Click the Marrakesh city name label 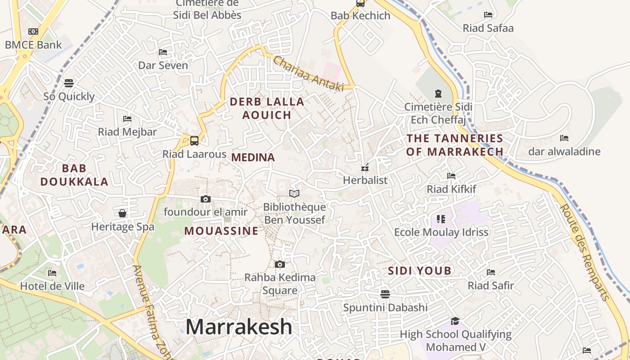pos(238,327)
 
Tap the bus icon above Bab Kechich pos(360,4)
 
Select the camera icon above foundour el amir pos(205,199)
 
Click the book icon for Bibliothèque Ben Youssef pos(294,194)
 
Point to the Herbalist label pos(365,180)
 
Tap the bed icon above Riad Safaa pos(488,15)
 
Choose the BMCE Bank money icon pos(33,31)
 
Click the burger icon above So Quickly pos(69,83)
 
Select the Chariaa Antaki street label pos(308,74)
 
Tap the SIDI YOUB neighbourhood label pos(419,271)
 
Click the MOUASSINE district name pos(221,231)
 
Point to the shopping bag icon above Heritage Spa pos(122,213)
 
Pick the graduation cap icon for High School pos(455,321)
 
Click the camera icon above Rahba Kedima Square pos(280,264)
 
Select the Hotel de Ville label pos(52,286)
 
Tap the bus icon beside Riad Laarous pos(194,141)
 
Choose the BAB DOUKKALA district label pos(74,175)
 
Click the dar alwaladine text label pos(564,152)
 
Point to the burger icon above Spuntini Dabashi pos(385,294)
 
